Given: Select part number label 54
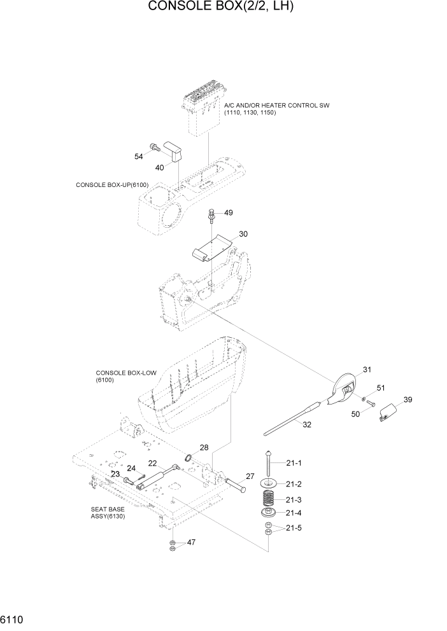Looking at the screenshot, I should [138, 156].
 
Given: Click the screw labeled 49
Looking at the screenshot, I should [211, 216].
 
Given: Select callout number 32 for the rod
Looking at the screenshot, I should [306, 424].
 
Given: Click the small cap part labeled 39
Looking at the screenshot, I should [388, 413].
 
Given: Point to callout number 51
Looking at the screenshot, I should [381, 388].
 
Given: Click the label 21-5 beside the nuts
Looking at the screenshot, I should [294, 529].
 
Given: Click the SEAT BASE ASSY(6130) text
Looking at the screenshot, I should [108, 513].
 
